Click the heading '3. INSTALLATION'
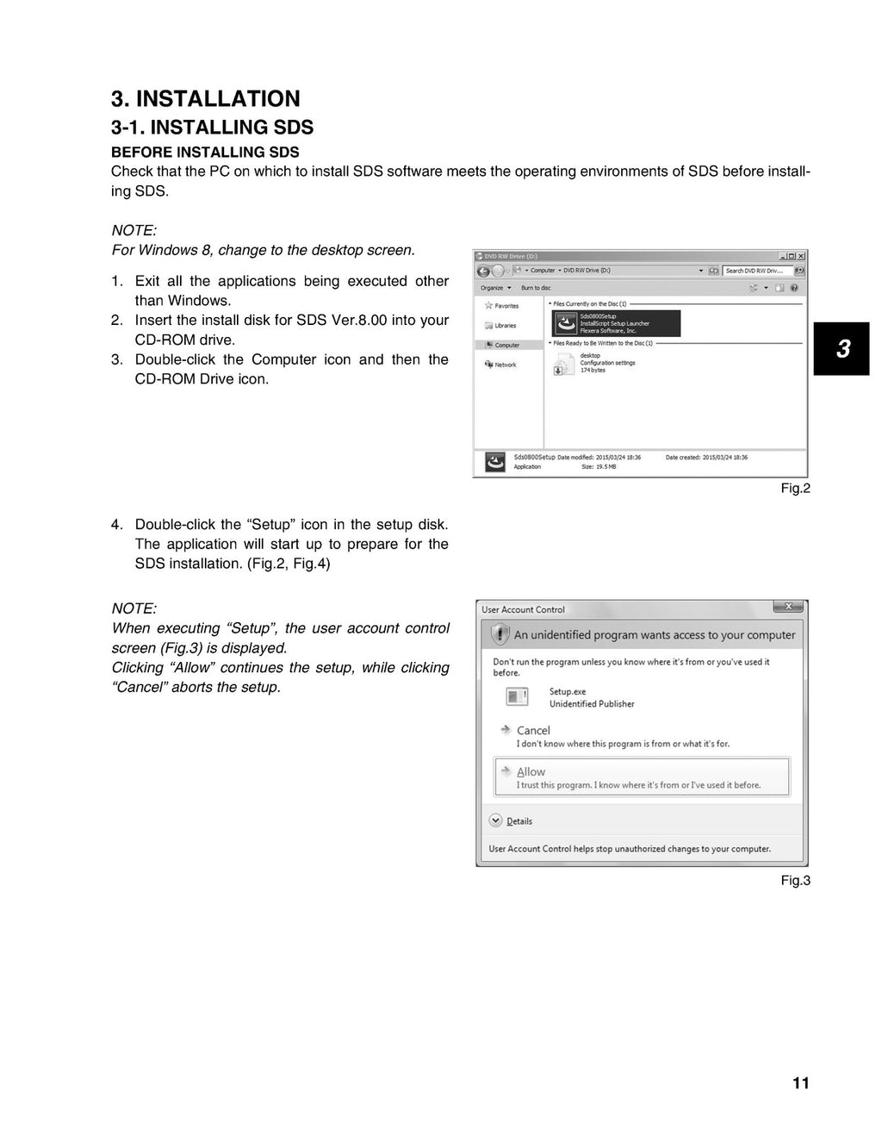tap(206, 99)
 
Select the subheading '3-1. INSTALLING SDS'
tap(212, 128)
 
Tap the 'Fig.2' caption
tap(795, 489)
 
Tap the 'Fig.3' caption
tap(795, 881)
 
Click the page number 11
tap(801, 1083)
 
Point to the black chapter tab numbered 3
tap(842, 348)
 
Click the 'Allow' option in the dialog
tap(531, 772)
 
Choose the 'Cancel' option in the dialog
tap(533, 730)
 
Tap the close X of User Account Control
tap(788, 607)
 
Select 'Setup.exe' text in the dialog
tap(568, 691)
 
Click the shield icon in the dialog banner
tap(500, 635)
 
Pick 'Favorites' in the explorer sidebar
tap(506, 306)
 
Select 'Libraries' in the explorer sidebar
tap(506, 326)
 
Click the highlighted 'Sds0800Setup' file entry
tap(615, 323)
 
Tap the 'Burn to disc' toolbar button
tap(536, 288)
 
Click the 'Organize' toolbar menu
tap(494, 288)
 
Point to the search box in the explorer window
tap(756, 271)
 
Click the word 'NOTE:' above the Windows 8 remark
tap(134, 231)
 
